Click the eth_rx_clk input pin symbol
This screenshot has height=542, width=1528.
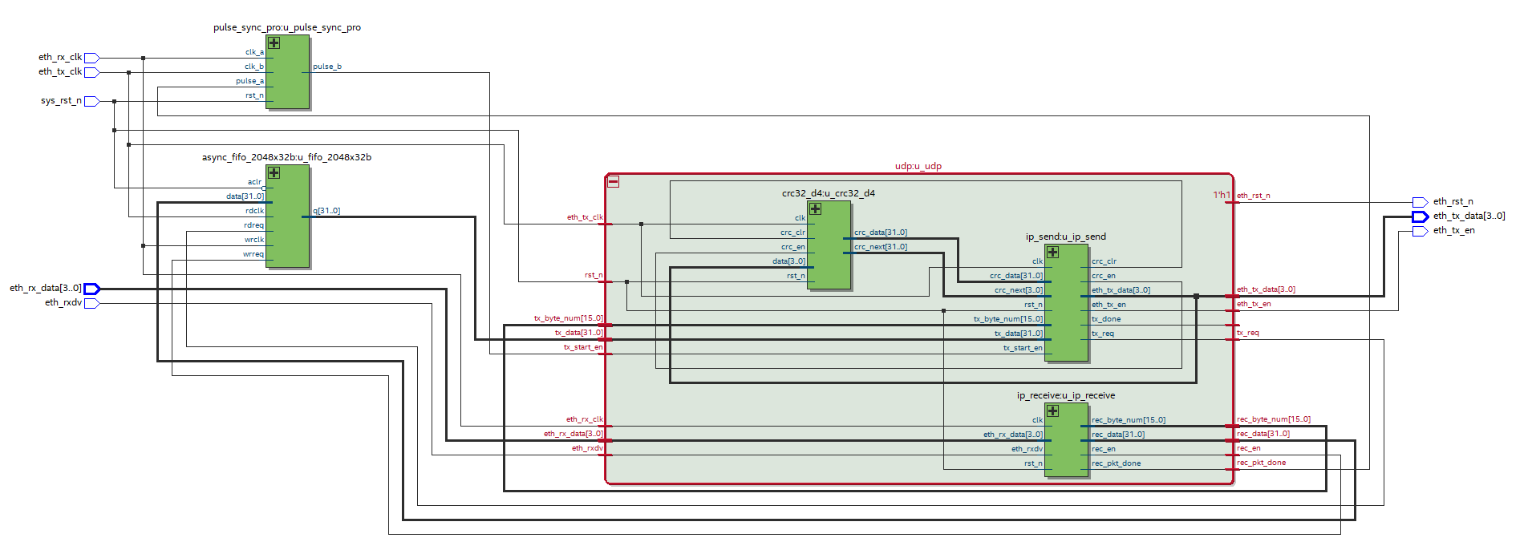click(91, 58)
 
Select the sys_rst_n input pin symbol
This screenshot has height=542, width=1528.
click(91, 101)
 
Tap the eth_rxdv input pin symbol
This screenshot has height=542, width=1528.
click(91, 303)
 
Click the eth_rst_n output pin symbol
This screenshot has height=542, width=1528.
click(1419, 202)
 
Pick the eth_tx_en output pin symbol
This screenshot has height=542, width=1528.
click(1419, 231)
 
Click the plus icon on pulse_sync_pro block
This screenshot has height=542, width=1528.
click(274, 42)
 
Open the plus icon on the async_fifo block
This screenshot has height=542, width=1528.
click(274, 172)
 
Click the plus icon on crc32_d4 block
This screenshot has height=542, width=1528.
click(815, 208)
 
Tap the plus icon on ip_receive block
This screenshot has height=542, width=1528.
click(1052, 411)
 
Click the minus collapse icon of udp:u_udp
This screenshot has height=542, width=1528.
click(613, 182)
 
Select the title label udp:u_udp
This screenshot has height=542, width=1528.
click(918, 166)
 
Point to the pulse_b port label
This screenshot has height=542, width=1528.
click(326, 67)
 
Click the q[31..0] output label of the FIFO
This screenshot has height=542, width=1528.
click(326, 211)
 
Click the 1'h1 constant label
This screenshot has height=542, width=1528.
click(1221, 195)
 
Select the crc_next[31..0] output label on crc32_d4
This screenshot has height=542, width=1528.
click(880, 247)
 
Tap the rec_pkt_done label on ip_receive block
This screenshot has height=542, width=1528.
click(1115, 463)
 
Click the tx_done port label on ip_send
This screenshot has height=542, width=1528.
click(1105, 319)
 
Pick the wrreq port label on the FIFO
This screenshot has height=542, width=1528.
click(253, 254)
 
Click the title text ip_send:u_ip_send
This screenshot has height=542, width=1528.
click(1065, 237)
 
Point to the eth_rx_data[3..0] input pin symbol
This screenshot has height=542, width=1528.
click(91, 289)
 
